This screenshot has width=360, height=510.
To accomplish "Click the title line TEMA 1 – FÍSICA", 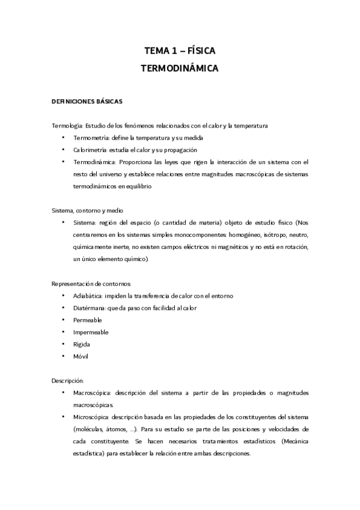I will point(179,52).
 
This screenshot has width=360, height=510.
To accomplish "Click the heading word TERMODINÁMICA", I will point(179,69).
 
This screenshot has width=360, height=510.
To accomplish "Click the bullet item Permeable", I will point(88,320).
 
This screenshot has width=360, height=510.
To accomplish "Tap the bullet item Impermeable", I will point(91,332).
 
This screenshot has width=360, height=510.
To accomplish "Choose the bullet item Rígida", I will point(82,344).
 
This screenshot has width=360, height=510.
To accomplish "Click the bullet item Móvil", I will point(81,357).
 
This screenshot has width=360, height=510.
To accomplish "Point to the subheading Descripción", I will point(68,381).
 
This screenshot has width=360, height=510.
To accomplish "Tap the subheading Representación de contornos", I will point(92,283).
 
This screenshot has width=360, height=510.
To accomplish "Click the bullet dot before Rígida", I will point(63,344).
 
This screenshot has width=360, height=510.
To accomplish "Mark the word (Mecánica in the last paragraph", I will point(294,441).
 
